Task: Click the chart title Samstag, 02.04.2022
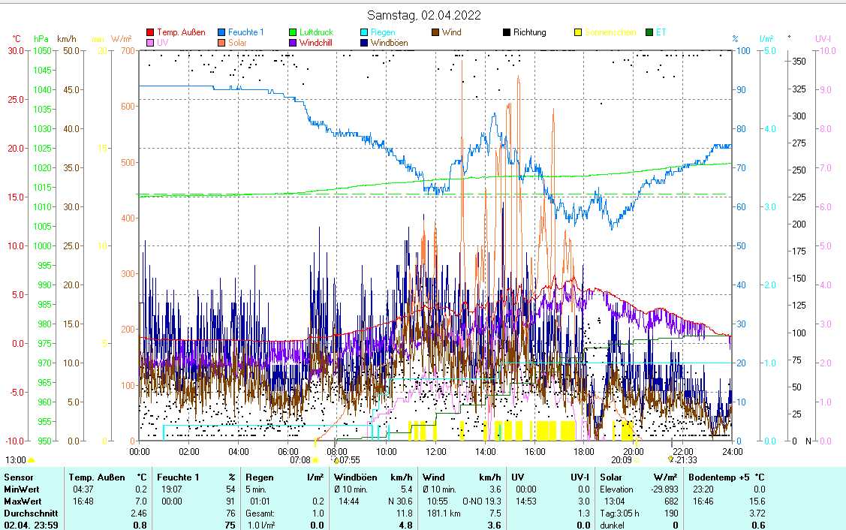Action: (424, 15)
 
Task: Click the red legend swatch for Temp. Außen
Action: (150, 32)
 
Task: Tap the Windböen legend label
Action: (389, 43)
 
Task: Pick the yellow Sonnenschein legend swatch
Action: (579, 32)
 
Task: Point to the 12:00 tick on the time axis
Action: (435, 451)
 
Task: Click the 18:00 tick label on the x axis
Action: (583, 451)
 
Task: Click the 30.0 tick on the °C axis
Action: (15, 50)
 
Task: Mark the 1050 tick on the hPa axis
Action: (41, 50)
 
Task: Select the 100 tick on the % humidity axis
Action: (743, 50)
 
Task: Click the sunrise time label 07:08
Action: (300, 459)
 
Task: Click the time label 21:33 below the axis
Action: (686, 459)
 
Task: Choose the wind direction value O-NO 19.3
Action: (481, 501)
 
